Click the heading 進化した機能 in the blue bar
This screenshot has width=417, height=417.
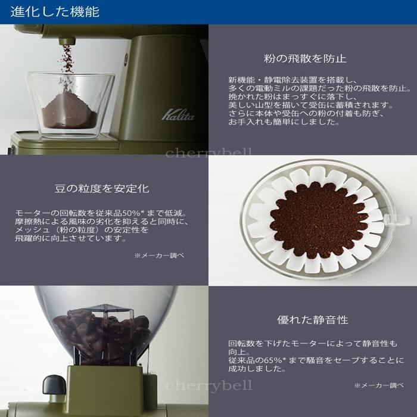[x=55, y=12]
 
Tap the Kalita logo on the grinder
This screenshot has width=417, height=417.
[x=178, y=113]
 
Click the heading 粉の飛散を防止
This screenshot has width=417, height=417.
[x=305, y=58]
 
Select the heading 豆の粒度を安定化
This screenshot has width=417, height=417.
[x=102, y=189]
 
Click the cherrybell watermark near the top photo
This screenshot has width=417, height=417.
[x=208, y=153]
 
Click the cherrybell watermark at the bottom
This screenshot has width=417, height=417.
[x=208, y=385]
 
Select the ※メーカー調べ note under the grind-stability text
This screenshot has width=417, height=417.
[x=159, y=255]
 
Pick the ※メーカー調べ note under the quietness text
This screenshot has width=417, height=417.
[x=379, y=385]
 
